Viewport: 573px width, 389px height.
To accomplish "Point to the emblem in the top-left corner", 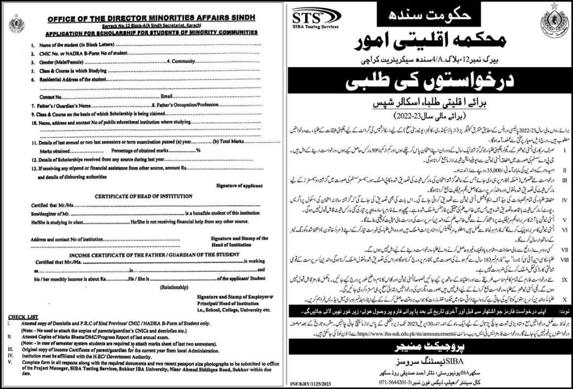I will tap(17, 25).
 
